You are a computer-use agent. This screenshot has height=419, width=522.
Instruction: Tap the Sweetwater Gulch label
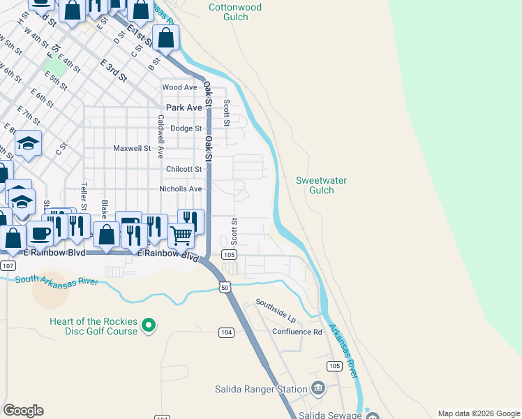321,185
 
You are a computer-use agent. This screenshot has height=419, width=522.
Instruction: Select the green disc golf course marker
148,325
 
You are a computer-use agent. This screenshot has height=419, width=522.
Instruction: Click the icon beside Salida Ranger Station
318,388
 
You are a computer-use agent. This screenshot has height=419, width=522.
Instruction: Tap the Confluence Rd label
297,332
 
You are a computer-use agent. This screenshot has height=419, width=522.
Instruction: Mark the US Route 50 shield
224,286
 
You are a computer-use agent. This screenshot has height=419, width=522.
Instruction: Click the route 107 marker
8,266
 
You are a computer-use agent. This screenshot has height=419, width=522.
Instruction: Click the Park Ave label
184,108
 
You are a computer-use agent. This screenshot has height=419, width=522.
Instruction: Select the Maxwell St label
132,148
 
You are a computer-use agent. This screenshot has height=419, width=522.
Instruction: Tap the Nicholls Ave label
181,189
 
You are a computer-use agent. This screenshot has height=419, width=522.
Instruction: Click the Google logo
24,411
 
